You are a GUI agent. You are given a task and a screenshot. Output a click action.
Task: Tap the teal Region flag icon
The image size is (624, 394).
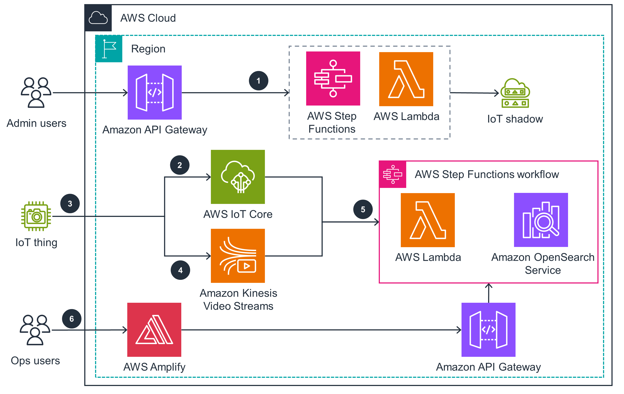pyautogui.click(x=109, y=49)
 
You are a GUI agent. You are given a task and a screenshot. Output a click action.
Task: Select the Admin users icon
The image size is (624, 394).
pyautogui.click(x=36, y=92)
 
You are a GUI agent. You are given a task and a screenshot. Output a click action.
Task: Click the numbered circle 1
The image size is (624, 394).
pyautogui.click(x=258, y=81)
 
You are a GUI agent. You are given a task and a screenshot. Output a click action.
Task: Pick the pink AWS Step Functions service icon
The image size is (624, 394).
pyautogui.click(x=333, y=78)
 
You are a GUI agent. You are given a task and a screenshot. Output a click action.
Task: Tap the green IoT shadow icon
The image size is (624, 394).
pyautogui.click(x=515, y=93)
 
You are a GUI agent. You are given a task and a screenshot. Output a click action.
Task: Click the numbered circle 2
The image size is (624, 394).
pyautogui.click(x=180, y=165)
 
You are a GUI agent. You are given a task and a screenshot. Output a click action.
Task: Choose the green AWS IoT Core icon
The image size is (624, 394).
pyautogui.click(x=238, y=177)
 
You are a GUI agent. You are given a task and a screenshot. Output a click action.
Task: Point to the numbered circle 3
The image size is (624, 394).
pyautogui.click(x=70, y=204)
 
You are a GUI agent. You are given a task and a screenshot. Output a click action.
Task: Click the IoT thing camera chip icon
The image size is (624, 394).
pyautogui.click(x=36, y=216)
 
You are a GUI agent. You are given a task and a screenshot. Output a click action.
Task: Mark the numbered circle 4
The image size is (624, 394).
pyautogui.click(x=180, y=270)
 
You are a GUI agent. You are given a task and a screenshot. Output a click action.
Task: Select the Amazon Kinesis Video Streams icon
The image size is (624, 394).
pyautogui.click(x=238, y=256)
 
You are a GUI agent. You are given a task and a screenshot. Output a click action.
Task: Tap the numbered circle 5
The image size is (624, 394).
pyautogui.click(x=363, y=209)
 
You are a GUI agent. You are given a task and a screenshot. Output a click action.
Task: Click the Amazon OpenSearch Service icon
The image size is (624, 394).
pyautogui.click(x=541, y=220)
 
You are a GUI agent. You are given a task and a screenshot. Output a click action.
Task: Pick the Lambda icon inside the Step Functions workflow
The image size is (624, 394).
pyautogui.click(x=428, y=220)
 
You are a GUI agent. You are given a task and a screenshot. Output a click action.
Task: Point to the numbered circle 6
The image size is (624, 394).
pyautogui.click(x=72, y=319)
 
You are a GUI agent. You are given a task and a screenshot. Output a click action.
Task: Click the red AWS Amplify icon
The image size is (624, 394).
pyautogui.click(x=154, y=330)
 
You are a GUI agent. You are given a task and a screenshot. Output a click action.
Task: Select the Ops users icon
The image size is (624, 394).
pyautogui.click(x=35, y=330)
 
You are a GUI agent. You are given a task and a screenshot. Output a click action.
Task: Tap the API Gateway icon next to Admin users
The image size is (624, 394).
pyautogui.click(x=155, y=93)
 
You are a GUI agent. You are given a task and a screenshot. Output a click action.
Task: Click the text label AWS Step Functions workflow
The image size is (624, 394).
pyautogui.click(x=487, y=174)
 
